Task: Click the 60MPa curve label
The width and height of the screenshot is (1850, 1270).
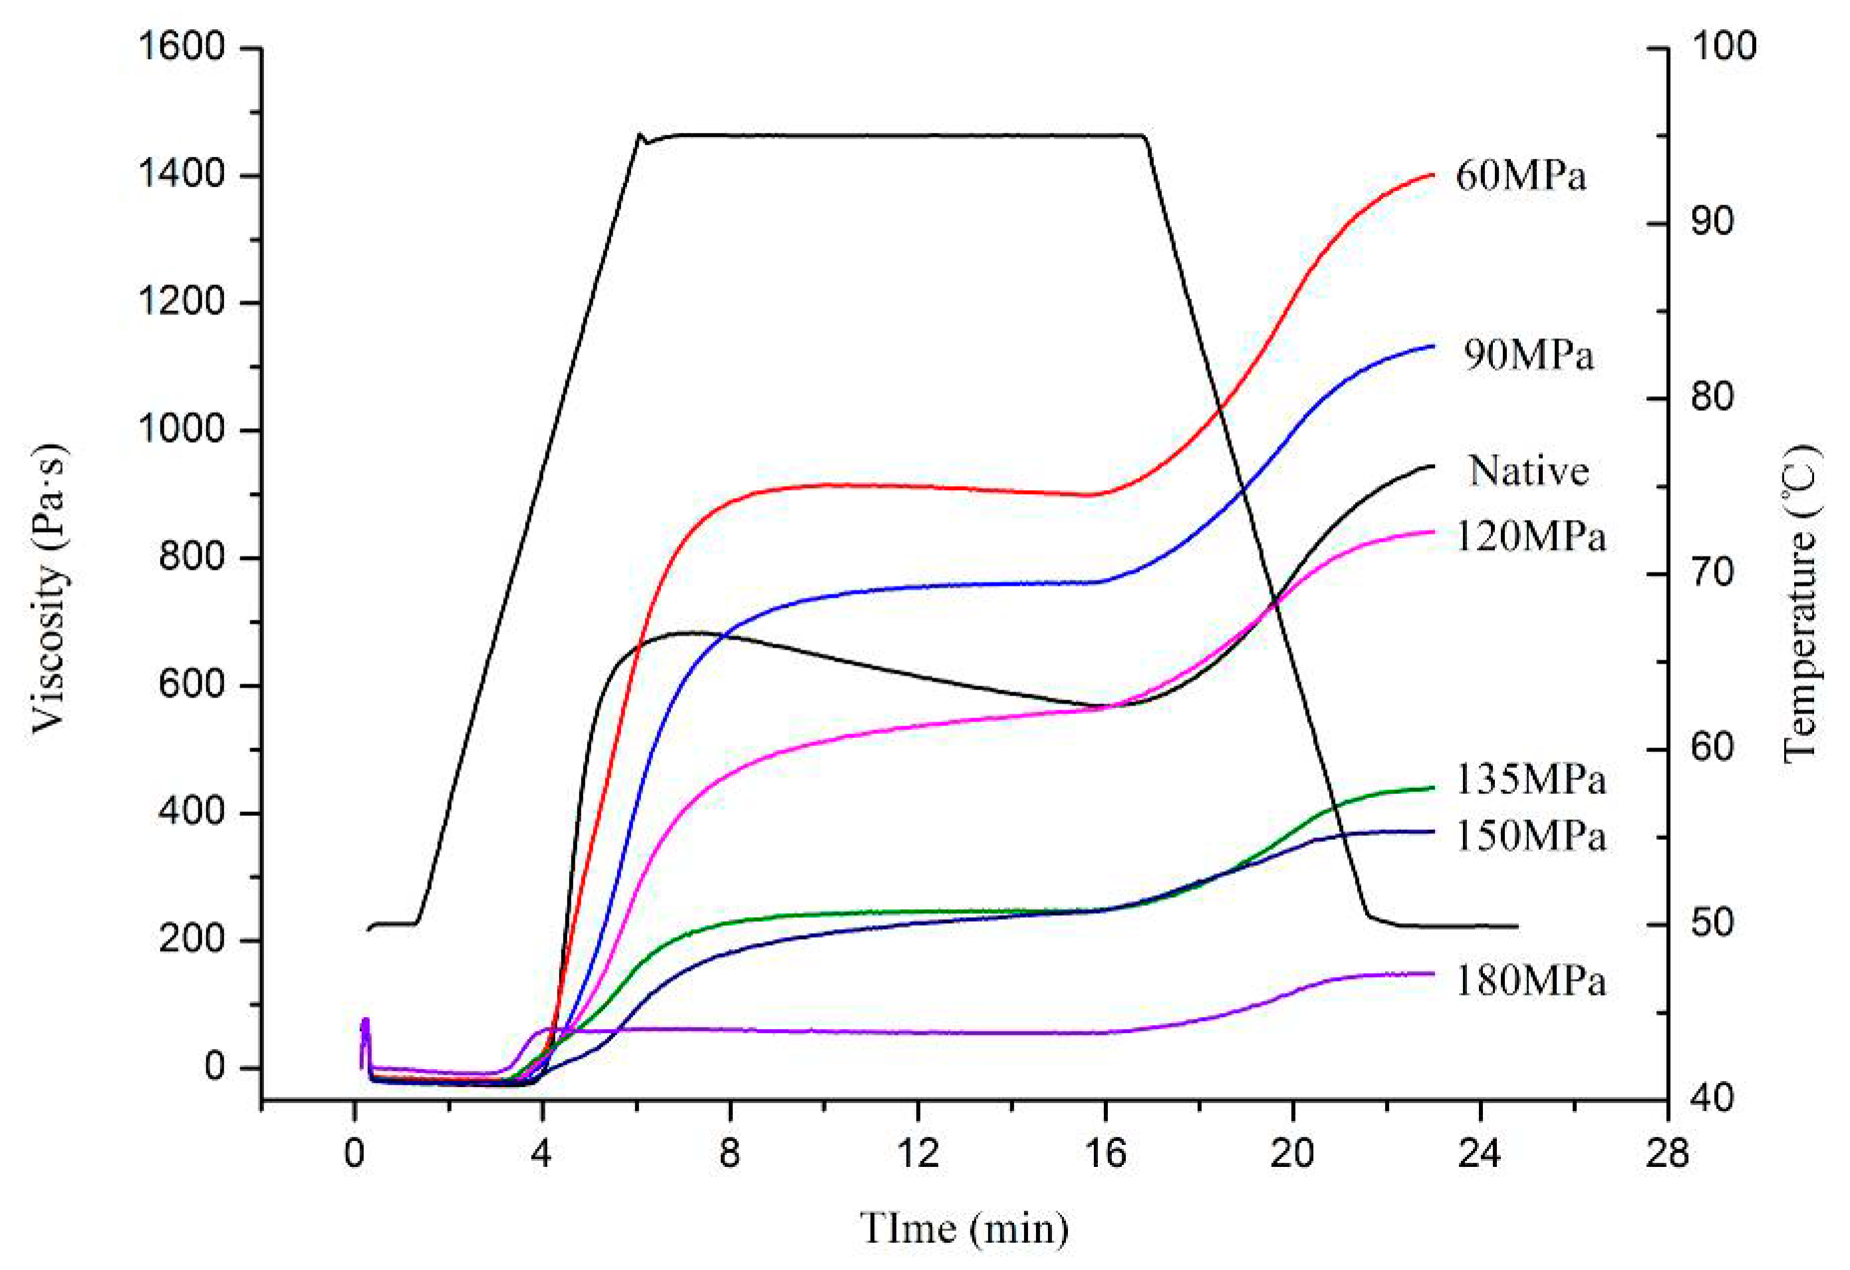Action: coord(1520,176)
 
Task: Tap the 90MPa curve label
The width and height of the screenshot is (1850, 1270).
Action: coord(1528,355)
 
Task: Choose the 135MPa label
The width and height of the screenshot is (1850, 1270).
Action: coord(1531,779)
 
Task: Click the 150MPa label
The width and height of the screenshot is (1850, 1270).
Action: coord(1531,836)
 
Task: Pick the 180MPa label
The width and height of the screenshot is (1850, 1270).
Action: coord(1531,981)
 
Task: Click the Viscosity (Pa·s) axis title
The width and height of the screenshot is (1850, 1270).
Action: coord(49,589)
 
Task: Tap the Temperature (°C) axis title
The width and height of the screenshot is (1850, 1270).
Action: coord(1801,603)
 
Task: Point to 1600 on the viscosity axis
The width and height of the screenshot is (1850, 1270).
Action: coord(182,47)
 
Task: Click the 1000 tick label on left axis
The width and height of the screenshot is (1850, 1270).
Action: coord(182,430)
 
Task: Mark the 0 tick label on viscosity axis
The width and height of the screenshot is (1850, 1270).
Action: coord(215,1067)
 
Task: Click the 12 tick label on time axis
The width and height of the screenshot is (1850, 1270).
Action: coord(918,1153)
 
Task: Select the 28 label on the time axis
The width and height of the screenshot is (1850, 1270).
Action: coord(1668,1153)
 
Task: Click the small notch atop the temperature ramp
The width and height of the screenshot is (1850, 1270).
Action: coord(643,138)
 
